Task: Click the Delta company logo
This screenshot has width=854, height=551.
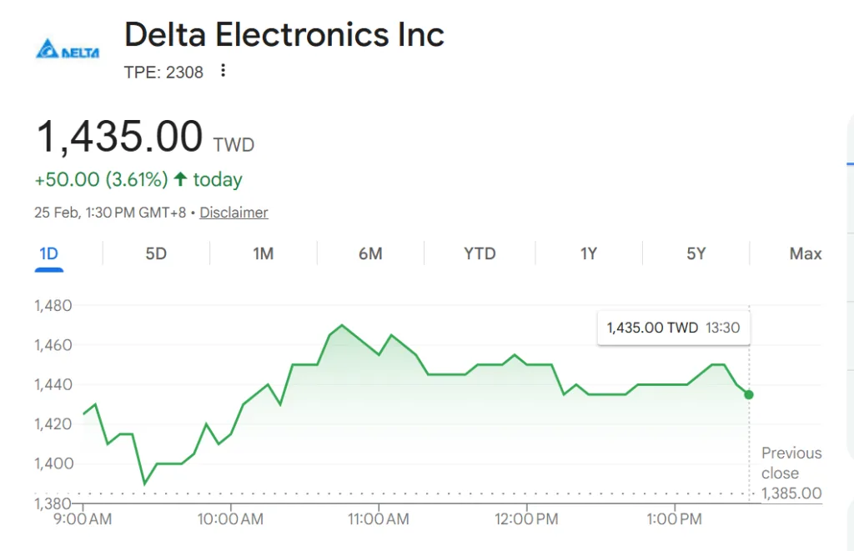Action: click(x=68, y=51)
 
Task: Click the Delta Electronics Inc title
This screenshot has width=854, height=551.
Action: click(x=284, y=35)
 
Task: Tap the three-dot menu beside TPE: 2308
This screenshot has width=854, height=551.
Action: click(x=223, y=71)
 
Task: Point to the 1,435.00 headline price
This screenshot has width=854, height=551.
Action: click(x=119, y=137)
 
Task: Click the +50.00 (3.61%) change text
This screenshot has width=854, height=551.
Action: click(x=101, y=179)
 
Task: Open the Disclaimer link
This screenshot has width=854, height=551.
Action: click(x=234, y=213)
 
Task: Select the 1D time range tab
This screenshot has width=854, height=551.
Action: click(x=49, y=253)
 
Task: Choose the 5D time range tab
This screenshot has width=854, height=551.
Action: click(x=156, y=253)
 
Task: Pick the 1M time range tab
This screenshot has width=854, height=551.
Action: click(x=264, y=253)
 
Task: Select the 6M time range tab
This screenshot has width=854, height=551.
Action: click(x=370, y=253)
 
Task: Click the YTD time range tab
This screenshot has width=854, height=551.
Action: click(x=480, y=253)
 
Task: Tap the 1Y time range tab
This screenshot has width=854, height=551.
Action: click(x=589, y=253)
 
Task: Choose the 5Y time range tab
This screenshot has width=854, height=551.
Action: click(x=696, y=253)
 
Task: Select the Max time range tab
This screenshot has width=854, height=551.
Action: click(x=806, y=253)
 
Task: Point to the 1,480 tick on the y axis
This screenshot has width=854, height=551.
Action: click(x=53, y=306)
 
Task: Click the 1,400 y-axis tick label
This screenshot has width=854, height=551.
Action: click(x=53, y=463)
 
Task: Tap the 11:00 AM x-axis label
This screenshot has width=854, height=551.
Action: click(x=379, y=519)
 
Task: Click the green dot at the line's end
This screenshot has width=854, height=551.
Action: click(x=749, y=394)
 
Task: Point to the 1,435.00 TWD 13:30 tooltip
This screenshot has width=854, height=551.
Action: click(x=673, y=328)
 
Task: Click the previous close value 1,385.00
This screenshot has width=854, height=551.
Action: click(x=791, y=493)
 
